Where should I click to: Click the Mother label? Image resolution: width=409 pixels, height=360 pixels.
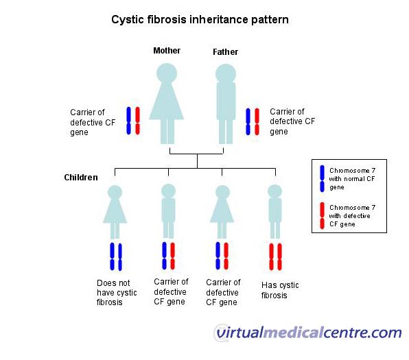167,50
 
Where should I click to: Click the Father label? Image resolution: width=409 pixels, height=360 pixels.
225,52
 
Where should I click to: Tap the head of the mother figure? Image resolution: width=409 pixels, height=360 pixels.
167,73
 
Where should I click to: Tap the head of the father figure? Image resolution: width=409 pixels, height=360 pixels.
226,74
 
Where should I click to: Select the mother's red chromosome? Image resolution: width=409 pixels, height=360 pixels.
137,121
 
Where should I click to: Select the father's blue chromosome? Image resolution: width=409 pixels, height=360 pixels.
248,122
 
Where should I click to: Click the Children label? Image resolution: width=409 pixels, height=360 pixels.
81,178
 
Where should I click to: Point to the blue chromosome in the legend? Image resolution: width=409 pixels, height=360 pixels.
322,178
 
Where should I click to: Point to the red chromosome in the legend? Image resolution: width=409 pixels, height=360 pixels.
322,216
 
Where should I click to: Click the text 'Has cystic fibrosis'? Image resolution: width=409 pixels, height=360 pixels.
280,290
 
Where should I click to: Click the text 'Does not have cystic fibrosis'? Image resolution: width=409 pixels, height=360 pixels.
117,293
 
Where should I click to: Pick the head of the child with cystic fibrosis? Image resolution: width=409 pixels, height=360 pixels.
275,191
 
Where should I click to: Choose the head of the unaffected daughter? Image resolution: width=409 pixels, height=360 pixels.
115,192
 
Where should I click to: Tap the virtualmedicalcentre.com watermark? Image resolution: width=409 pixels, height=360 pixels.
309,333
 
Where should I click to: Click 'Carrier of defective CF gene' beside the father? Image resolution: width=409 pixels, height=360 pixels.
292,121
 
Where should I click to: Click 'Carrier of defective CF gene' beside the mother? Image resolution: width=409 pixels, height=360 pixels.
93,122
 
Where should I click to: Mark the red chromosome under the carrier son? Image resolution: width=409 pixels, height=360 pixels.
172,256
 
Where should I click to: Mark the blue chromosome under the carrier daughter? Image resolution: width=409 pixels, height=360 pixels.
218,256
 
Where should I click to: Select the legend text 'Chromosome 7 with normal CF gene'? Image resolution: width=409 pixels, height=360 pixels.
352,179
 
